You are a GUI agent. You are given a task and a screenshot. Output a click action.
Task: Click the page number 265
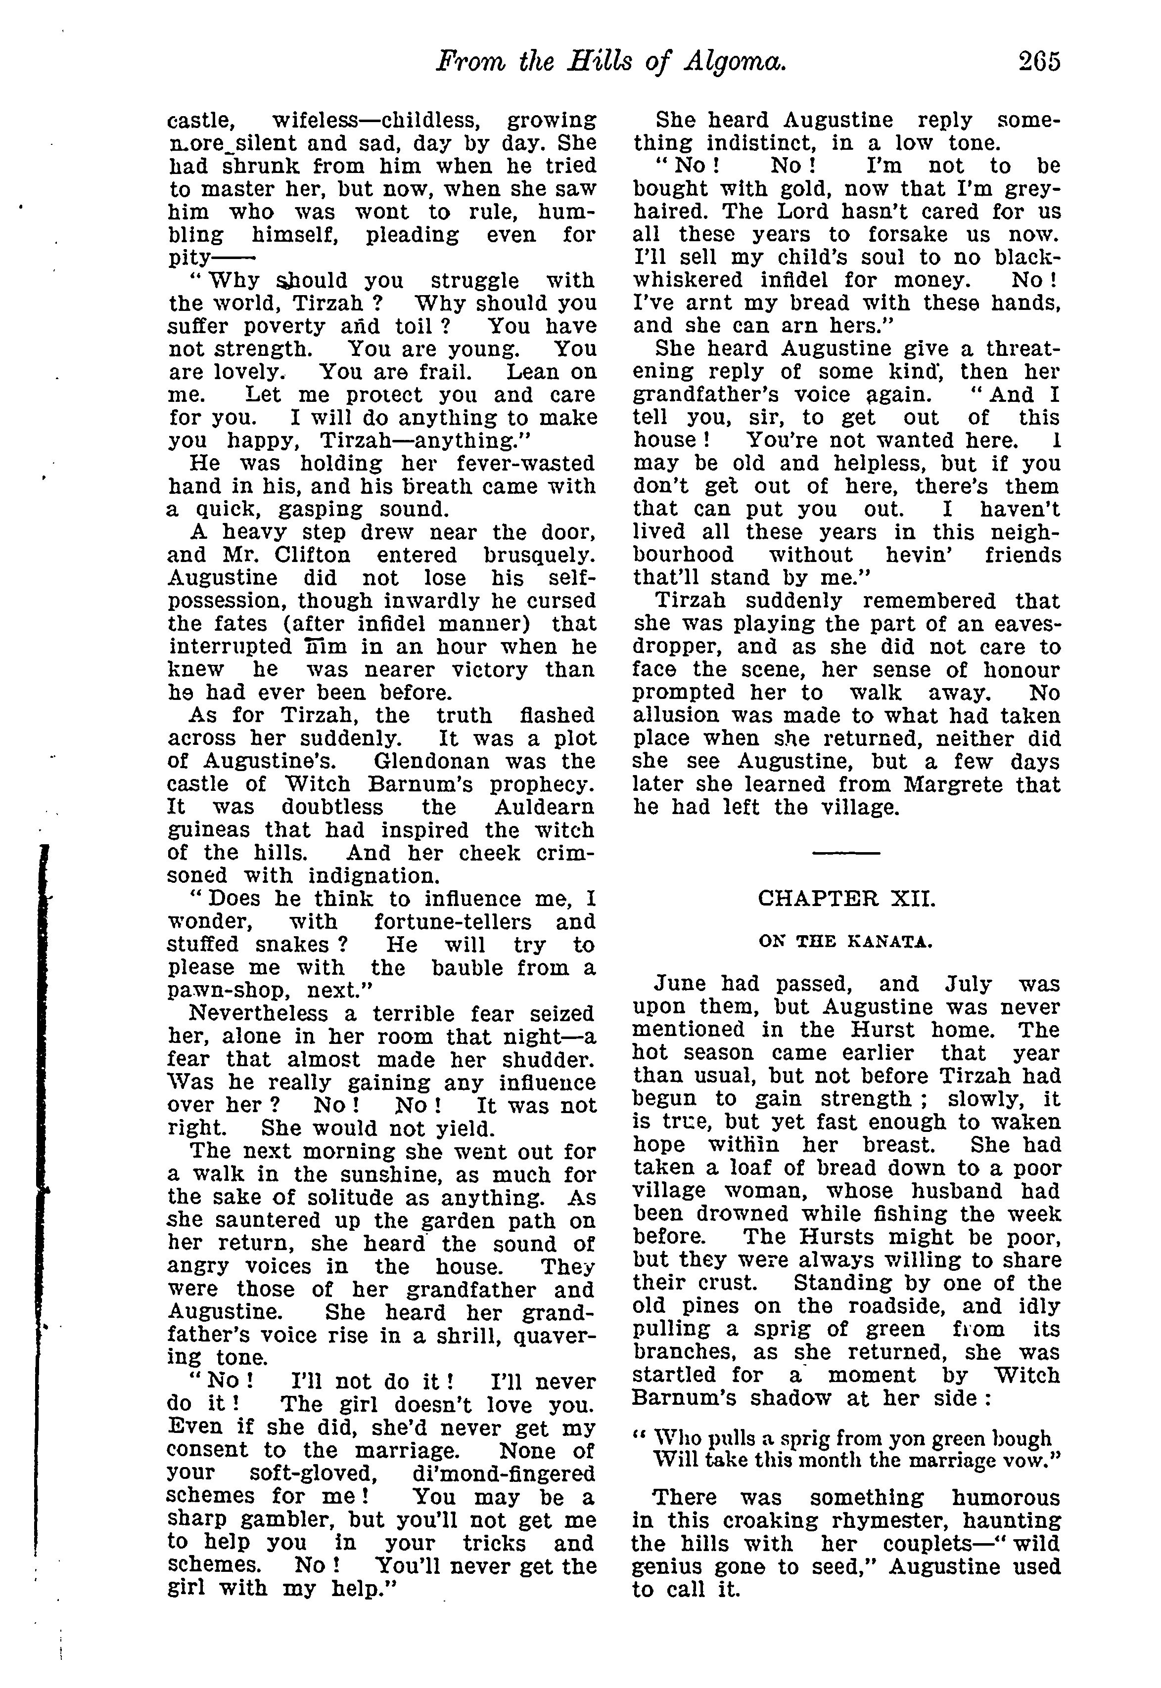(1039, 62)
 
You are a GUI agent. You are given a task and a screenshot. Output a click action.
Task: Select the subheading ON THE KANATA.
(845, 942)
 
